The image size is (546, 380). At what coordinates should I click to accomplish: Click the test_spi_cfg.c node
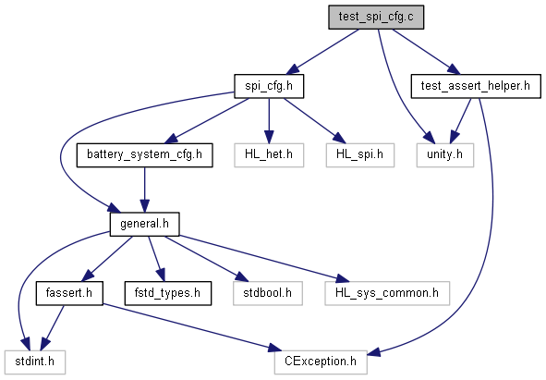click(x=376, y=17)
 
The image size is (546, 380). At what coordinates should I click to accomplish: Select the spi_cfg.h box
click(x=269, y=86)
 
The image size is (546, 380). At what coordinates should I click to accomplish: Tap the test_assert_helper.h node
click(x=476, y=86)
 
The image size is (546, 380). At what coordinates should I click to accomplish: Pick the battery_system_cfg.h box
click(x=144, y=154)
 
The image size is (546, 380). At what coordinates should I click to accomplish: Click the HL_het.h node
click(x=269, y=154)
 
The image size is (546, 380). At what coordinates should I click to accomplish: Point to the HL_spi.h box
click(x=360, y=154)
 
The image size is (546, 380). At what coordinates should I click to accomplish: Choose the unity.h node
click(x=445, y=154)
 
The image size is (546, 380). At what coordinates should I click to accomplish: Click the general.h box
click(x=144, y=224)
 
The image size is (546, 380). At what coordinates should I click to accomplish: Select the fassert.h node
click(x=69, y=293)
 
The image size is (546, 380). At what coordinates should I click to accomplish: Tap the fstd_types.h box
click(x=168, y=293)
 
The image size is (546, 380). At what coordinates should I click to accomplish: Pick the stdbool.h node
click(x=267, y=293)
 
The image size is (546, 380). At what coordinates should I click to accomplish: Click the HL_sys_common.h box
click(x=387, y=293)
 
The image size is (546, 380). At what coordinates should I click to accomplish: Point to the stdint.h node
click(x=35, y=362)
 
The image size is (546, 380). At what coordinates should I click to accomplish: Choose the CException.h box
click(x=321, y=362)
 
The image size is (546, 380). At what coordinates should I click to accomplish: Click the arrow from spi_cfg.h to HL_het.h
click(x=269, y=120)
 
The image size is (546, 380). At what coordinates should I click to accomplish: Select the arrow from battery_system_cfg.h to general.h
click(x=144, y=190)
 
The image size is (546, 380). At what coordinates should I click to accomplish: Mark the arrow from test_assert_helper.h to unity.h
click(x=460, y=120)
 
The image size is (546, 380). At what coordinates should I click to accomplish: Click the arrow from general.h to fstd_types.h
click(x=156, y=259)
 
